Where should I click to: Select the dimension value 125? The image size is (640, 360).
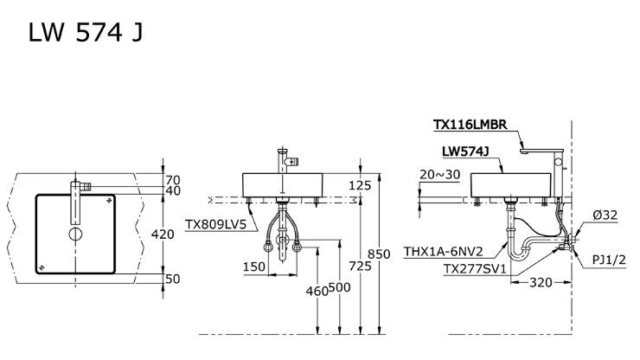click(360, 184)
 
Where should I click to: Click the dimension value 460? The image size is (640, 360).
click(317, 292)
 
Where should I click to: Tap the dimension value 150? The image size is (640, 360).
click(253, 267)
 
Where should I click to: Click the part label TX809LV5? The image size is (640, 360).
click(215, 223)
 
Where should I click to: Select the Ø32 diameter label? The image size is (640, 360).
click(605, 215)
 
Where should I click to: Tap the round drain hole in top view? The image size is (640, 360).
click(75, 234)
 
